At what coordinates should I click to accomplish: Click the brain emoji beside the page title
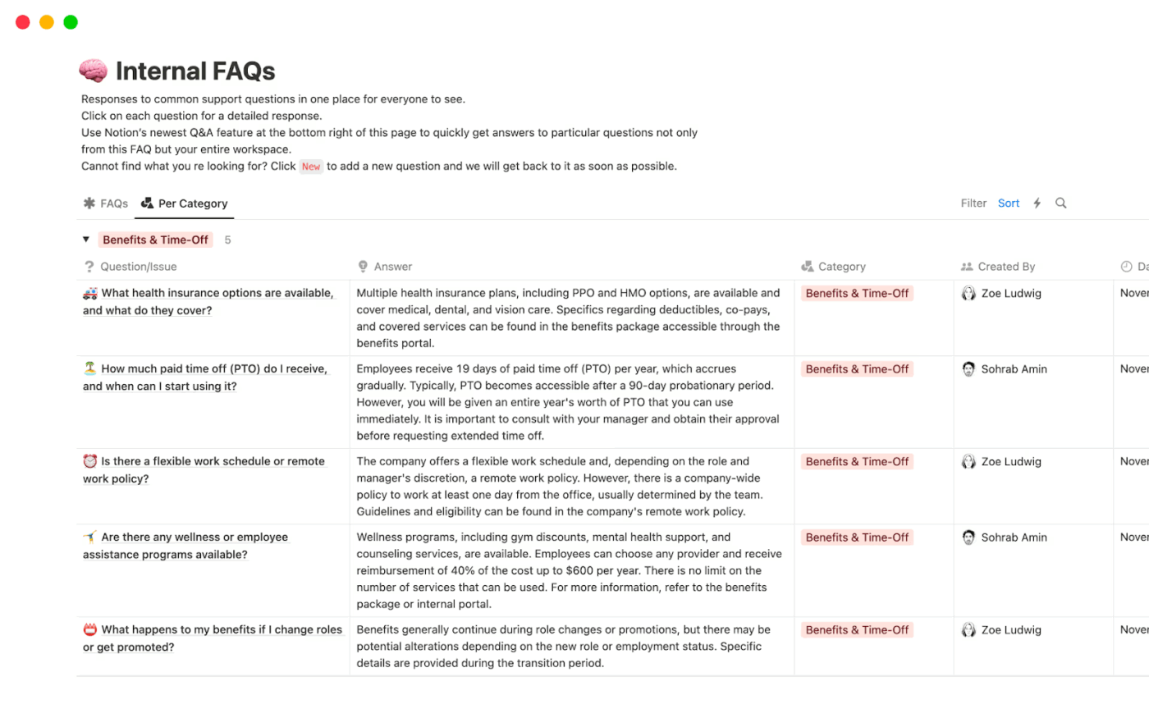[93, 71]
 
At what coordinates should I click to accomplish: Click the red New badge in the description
[311, 167]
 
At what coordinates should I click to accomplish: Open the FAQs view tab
[106, 204]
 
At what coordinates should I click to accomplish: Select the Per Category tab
[185, 204]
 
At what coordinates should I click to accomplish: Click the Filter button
[973, 204]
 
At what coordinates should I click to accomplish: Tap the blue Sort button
[1009, 204]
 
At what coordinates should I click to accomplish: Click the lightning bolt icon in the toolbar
[1037, 204]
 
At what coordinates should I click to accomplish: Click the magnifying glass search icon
[1061, 204]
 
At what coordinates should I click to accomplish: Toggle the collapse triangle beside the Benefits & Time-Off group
[86, 240]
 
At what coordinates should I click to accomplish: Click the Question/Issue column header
[138, 267]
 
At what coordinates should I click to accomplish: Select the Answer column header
[392, 267]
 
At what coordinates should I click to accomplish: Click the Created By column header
[1006, 267]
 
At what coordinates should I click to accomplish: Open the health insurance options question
[217, 293]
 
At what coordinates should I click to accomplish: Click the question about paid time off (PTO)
[213, 369]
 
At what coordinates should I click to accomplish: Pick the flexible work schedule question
[213, 461]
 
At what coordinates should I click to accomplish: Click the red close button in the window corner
[23, 22]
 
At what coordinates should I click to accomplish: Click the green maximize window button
[71, 22]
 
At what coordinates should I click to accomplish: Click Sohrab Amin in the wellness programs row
[1014, 537]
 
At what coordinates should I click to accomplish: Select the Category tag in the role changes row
[857, 630]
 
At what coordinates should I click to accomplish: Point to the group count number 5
[227, 240]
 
